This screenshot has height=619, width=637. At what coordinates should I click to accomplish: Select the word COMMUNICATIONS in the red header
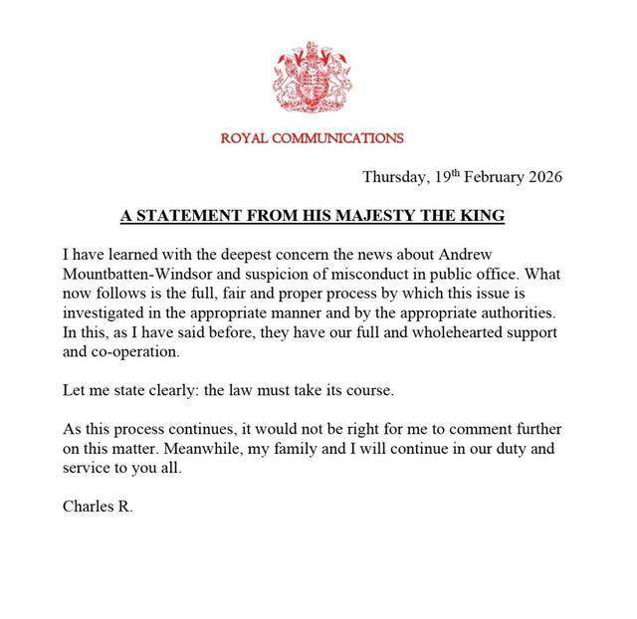334,138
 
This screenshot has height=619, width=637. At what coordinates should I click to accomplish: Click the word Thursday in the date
395,178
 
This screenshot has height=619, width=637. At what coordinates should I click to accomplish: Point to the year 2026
545,178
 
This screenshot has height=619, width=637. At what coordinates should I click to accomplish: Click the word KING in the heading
490,216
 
